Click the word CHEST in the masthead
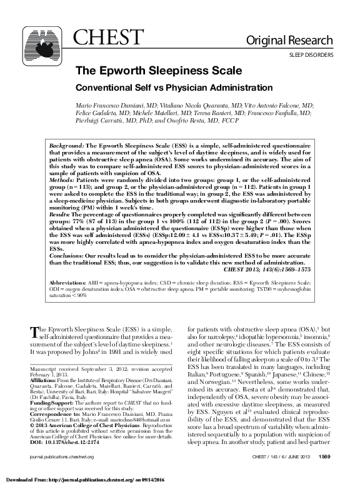pyautogui.click(x=97, y=38)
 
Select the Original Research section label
pyautogui.click(x=298, y=41)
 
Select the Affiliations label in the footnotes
pyautogui.click(x=44, y=380)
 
